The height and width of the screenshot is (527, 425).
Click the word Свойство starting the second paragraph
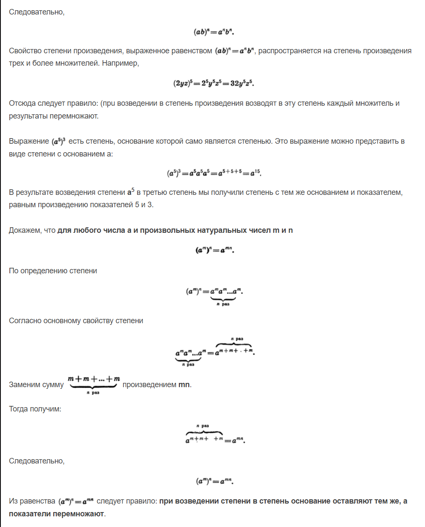(x=24, y=51)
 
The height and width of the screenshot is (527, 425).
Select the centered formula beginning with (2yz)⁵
(x=213, y=83)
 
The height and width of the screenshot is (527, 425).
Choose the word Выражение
(x=29, y=141)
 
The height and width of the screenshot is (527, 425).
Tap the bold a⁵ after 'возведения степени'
(x=130, y=192)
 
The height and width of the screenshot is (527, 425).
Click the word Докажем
(x=25, y=230)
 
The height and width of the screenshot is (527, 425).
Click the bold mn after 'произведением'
(x=184, y=385)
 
